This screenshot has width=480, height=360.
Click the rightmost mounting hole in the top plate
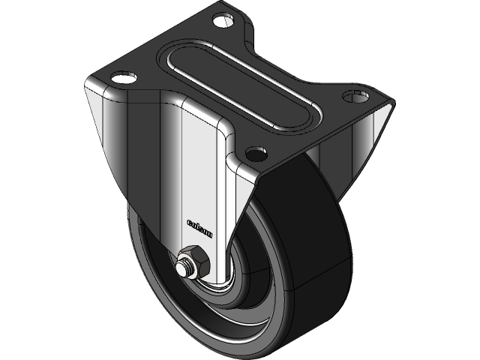(354, 96)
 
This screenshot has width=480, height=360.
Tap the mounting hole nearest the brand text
(256, 154)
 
